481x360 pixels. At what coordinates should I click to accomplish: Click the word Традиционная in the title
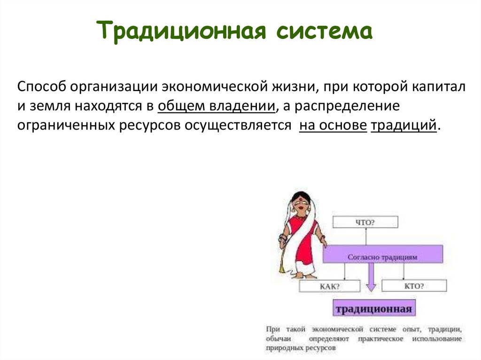(x=181, y=31)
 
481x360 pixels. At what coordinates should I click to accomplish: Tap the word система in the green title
(x=325, y=31)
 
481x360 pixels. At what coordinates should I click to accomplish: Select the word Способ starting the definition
(x=42, y=87)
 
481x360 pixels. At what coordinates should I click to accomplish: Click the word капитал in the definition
(x=439, y=87)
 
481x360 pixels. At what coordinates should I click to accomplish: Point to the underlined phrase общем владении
(x=217, y=106)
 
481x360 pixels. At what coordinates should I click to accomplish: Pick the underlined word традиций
(x=403, y=125)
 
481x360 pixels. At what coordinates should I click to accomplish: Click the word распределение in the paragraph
(x=347, y=106)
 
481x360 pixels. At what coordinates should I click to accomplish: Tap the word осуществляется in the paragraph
(x=238, y=125)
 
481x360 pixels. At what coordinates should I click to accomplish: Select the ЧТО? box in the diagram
(x=365, y=222)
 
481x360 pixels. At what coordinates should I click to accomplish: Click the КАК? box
(x=329, y=286)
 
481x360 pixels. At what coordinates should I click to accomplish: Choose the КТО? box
(x=414, y=286)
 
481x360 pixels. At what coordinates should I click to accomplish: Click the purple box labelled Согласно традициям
(x=382, y=254)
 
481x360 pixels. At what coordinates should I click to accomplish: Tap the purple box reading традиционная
(x=374, y=308)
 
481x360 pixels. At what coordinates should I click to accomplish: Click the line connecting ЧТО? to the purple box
(x=366, y=237)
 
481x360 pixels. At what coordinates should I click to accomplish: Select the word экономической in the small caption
(x=337, y=329)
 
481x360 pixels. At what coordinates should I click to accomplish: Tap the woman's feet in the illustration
(x=306, y=276)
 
